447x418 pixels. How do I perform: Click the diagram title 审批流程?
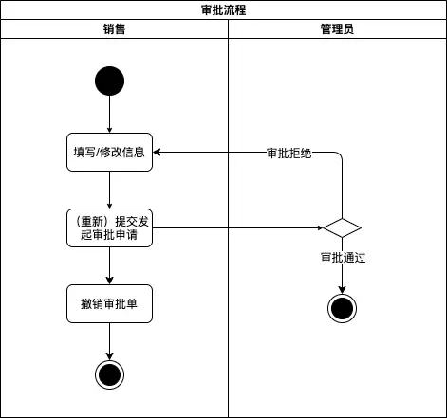(x=223, y=10)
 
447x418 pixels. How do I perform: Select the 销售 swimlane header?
(x=114, y=29)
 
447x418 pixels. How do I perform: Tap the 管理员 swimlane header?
(x=337, y=29)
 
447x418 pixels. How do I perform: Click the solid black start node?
(x=110, y=82)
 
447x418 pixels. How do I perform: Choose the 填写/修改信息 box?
(x=110, y=152)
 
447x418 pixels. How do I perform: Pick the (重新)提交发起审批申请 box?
(x=110, y=227)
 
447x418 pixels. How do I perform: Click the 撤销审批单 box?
(x=110, y=303)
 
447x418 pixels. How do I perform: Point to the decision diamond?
(x=342, y=227)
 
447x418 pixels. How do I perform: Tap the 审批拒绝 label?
(x=289, y=153)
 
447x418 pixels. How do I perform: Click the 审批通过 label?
(x=342, y=256)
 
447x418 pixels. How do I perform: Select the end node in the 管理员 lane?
(x=342, y=308)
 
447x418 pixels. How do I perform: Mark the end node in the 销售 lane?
(x=110, y=374)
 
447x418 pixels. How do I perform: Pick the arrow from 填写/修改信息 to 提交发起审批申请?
(x=110, y=190)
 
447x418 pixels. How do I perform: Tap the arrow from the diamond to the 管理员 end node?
(x=342, y=277)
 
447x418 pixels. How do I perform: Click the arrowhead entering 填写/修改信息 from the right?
(x=158, y=152)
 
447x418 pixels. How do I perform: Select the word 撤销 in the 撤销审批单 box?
(x=93, y=303)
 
